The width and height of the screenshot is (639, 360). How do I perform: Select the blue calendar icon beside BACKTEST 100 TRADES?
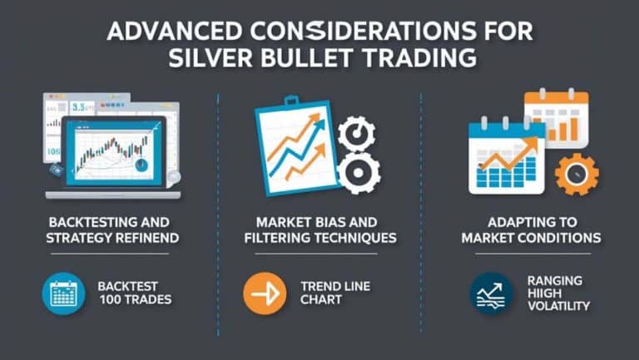pyautogui.click(x=64, y=293)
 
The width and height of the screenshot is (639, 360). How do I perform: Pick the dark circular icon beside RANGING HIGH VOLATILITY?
pyautogui.click(x=490, y=293)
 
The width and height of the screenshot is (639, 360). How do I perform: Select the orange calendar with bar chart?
pyautogui.click(x=555, y=116)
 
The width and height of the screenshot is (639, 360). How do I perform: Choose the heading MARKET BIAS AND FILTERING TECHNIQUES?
pyautogui.click(x=319, y=230)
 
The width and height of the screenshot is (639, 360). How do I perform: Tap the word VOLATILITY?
pyautogui.click(x=558, y=306)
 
